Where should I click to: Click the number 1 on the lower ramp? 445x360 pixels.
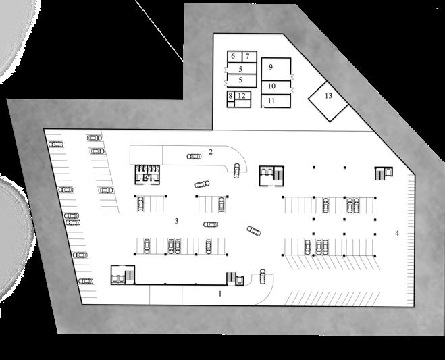(219, 294)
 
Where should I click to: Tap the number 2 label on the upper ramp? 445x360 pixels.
(211, 151)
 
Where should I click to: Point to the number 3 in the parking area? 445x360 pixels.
(176, 220)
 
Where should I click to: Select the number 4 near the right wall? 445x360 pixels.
(397, 233)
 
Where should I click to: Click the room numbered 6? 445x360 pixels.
(233, 56)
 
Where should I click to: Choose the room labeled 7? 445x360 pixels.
(247, 56)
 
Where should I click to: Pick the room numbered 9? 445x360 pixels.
(270, 67)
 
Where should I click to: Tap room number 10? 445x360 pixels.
(271, 86)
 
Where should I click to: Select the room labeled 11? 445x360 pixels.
(271, 101)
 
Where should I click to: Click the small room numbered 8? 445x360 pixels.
(230, 96)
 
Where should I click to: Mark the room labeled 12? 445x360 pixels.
(242, 96)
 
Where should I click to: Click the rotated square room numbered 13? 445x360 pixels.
(328, 96)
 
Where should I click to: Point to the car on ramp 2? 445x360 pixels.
(194, 157)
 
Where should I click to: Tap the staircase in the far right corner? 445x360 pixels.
(383, 174)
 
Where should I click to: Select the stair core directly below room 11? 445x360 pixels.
(271, 174)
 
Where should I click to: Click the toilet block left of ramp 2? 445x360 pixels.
(146, 174)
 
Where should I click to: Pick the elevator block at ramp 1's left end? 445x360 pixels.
(123, 274)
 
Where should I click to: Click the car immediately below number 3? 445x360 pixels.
(211, 224)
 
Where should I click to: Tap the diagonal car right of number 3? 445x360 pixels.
(253, 230)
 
